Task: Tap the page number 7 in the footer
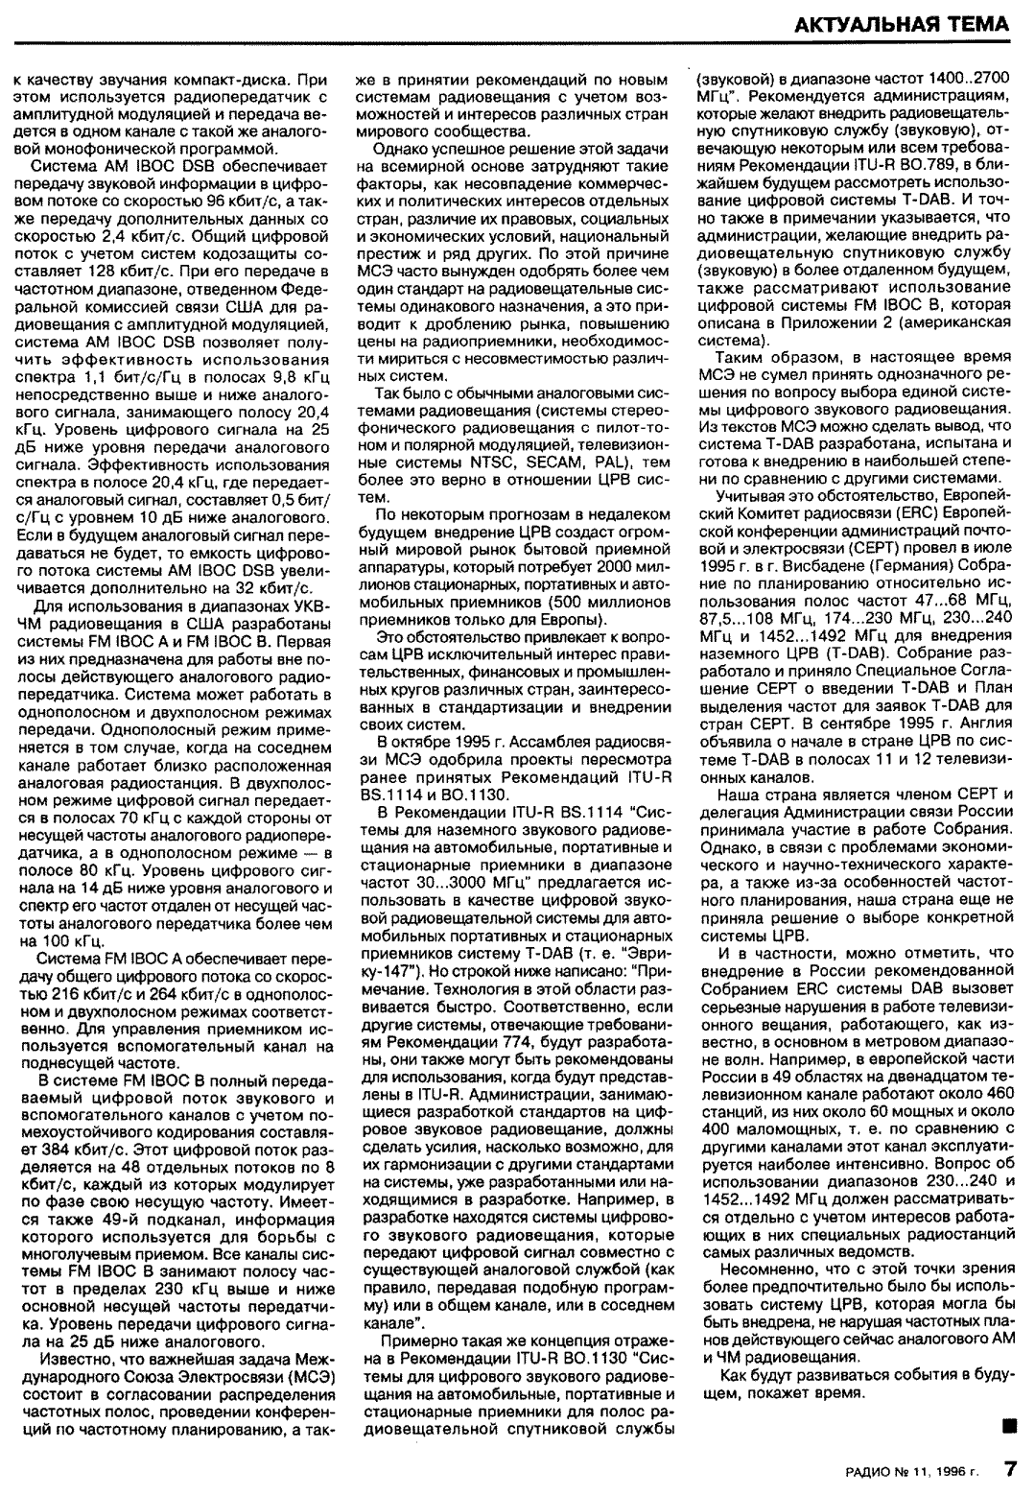click(1009, 1470)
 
